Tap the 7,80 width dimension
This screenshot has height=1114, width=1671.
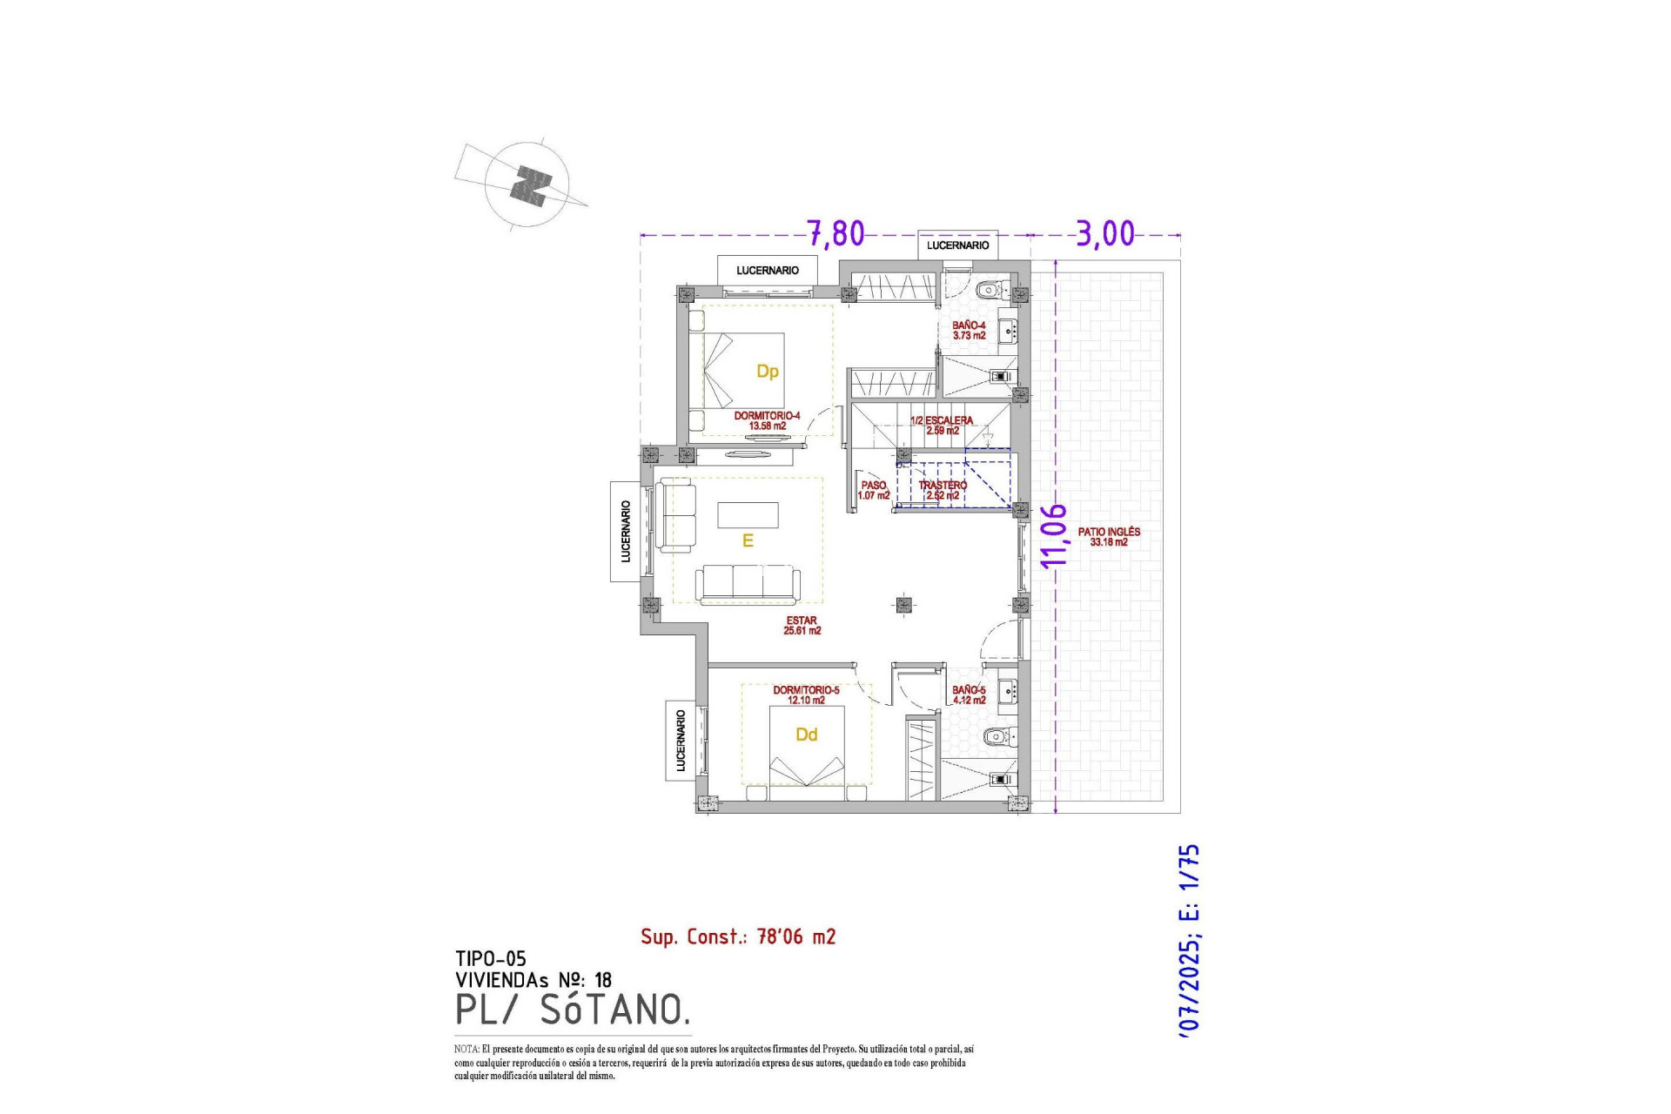[x=836, y=233]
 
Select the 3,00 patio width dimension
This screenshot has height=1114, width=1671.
[x=1105, y=233]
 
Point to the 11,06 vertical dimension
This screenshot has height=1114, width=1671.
[x=1053, y=535]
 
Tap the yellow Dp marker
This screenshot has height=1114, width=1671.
[x=767, y=372]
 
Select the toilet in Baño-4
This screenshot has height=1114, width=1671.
[x=990, y=290]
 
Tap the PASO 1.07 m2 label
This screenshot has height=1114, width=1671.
[x=874, y=490]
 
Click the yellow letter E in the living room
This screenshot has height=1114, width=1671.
[x=747, y=541]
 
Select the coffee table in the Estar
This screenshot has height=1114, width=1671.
[x=748, y=515]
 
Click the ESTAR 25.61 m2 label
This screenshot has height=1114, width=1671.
[x=802, y=625]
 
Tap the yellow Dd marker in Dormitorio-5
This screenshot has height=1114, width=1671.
[x=806, y=735]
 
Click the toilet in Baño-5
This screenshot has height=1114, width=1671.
[x=997, y=737]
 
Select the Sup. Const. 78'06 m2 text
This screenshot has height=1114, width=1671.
[x=738, y=936]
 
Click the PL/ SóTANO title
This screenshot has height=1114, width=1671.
[x=573, y=1010]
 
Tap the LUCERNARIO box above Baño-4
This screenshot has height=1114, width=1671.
[x=957, y=245]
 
